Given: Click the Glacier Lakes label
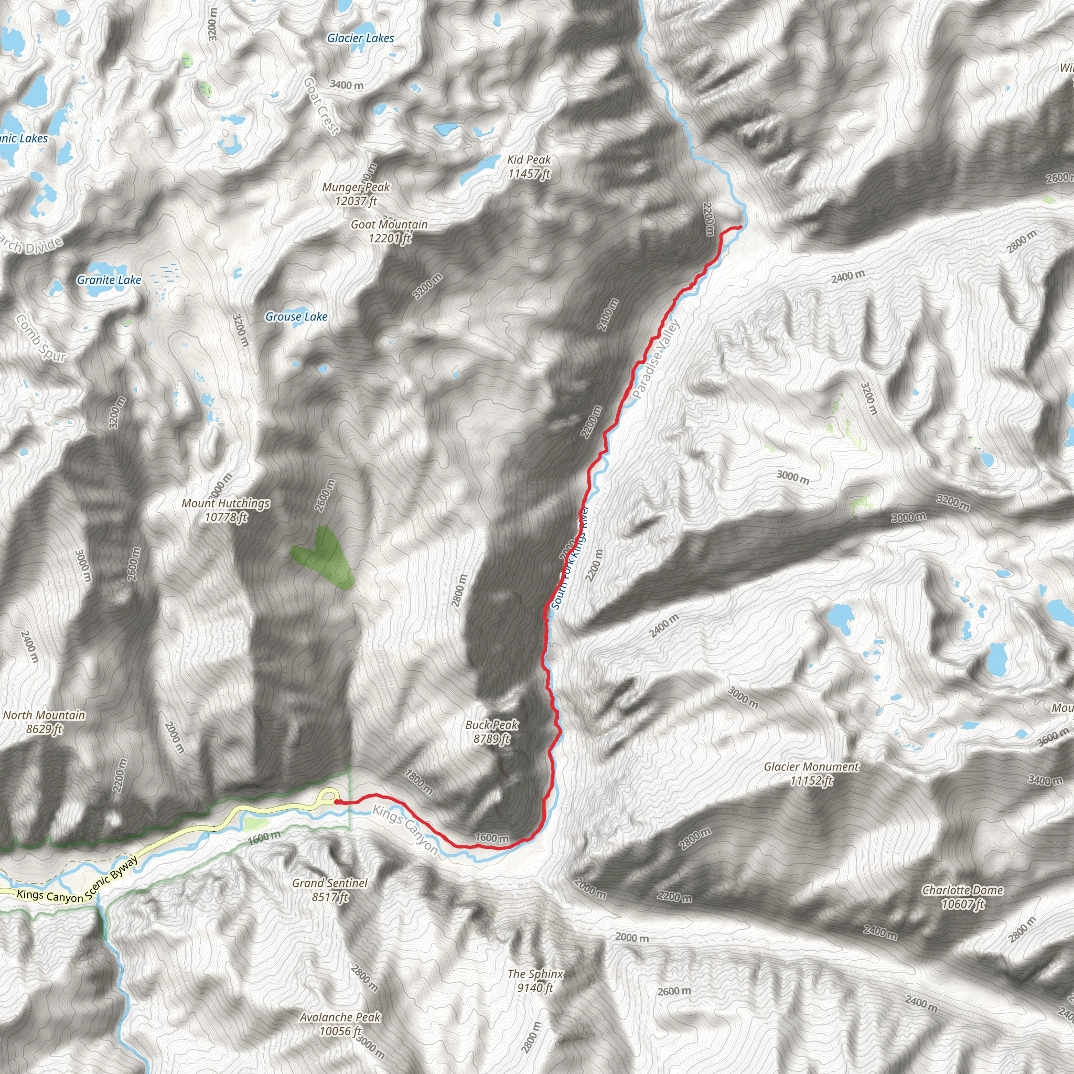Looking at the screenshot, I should pyautogui.click(x=360, y=38).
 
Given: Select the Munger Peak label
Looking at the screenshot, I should pyautogui.click(x=356, y=194).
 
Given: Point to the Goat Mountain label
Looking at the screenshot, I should pyautogui.click(x=389, y=231).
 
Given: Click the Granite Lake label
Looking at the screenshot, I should pyautogui.click(x=109, y=280).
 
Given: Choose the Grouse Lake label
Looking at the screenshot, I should pyautogui.click(x=296, y=317).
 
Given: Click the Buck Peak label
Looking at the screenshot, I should pyautogui.click(x=492, y=732).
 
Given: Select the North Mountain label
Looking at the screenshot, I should pyautogui.click(x=45, y=722).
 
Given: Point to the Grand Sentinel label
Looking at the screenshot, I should pyautogui.click(x=330, y=889).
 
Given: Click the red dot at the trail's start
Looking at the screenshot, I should pyautogui.click(x=337, y=802).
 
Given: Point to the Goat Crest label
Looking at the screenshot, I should pyautogui.click(x=321, y=105).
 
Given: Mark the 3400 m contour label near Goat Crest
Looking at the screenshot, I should pyautogui.click(x=346, y=85).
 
